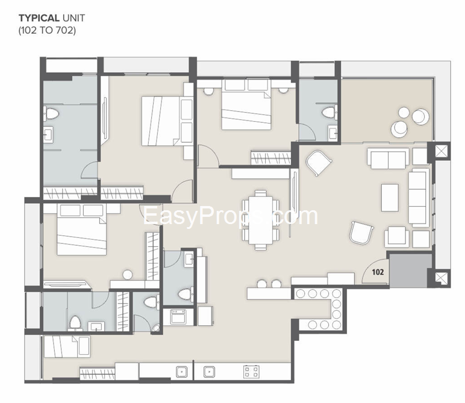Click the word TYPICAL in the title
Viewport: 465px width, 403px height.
(x=38, y=17)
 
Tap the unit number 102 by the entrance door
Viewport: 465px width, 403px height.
(x=378, y=272)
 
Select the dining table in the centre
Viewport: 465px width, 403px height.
(x=260, y=219)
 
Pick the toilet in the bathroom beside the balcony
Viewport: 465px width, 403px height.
(x=328, y=113)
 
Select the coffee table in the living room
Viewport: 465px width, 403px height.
(x=389, y=198)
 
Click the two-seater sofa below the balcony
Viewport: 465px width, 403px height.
(x=389, y=160)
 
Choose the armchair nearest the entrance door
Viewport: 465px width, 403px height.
(x=361, y=233)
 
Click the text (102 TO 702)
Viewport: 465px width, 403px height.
(x=47, y=29)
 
